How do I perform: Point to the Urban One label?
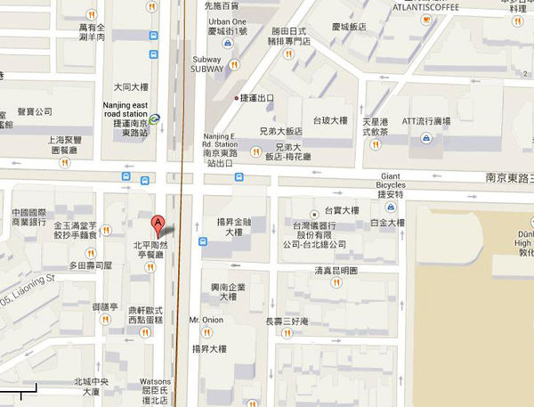229,21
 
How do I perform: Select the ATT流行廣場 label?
427,120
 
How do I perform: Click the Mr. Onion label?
206,319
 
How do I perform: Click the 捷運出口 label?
258,98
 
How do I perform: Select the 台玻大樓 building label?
330,119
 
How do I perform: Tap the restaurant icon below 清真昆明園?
336,282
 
